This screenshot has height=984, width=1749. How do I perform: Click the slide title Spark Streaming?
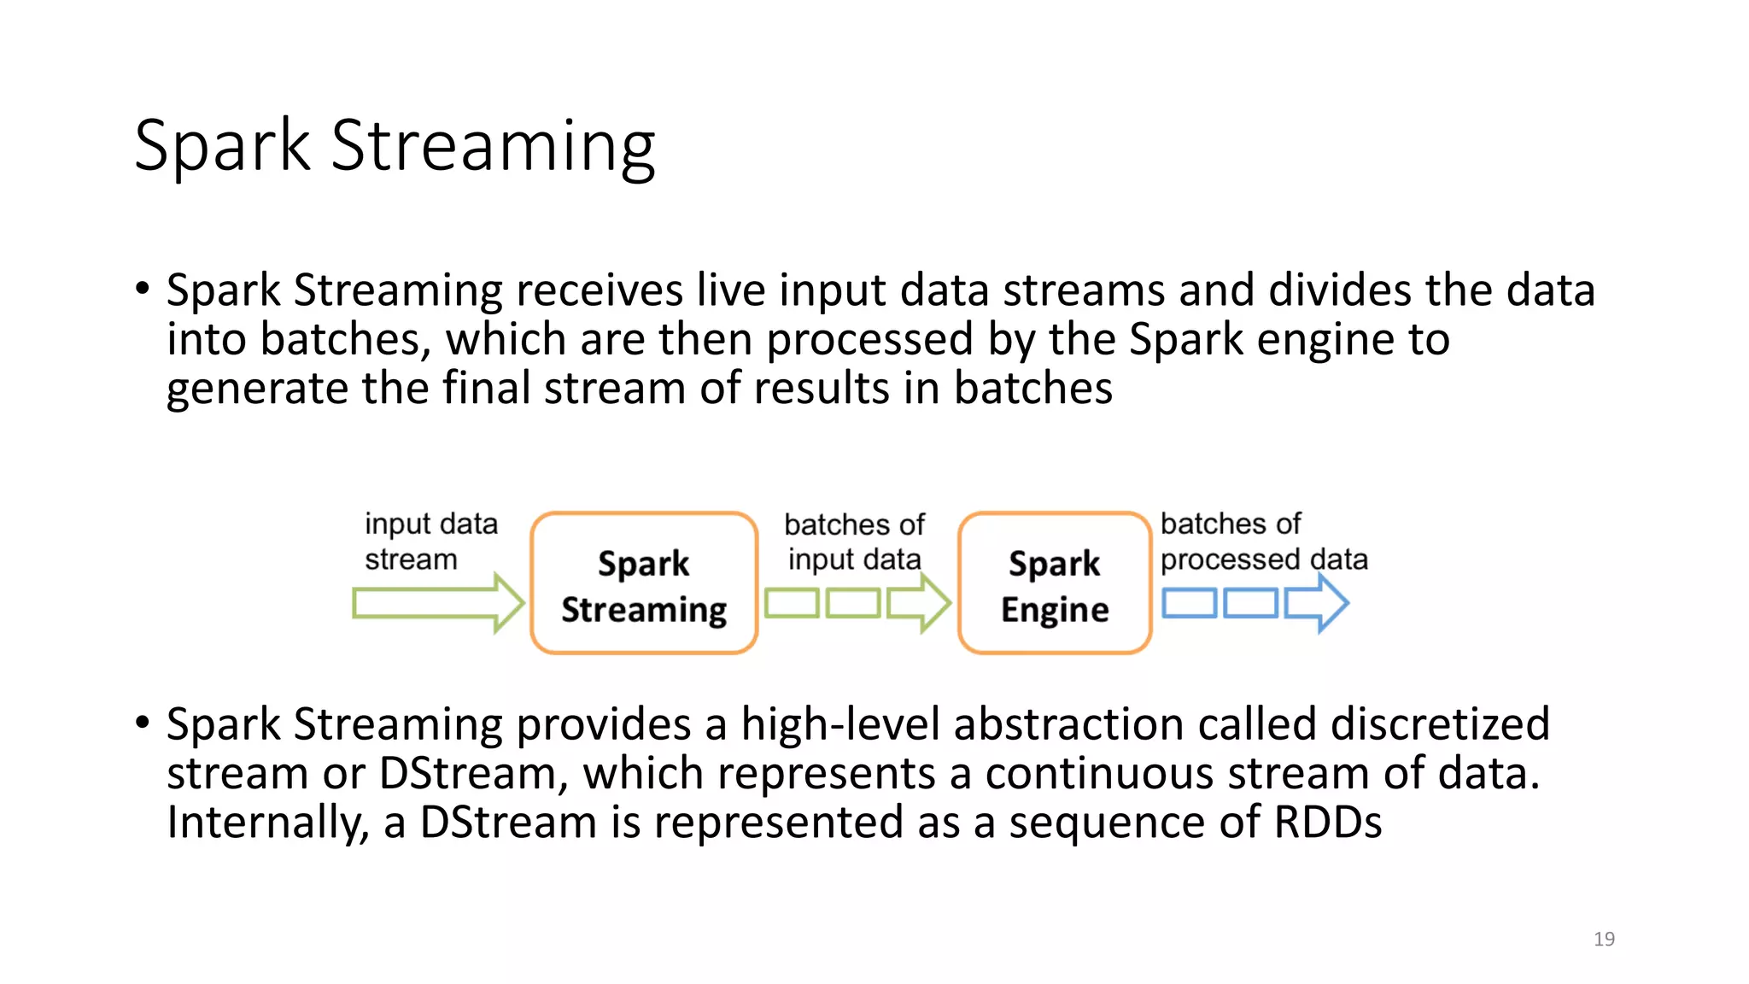point(395,147)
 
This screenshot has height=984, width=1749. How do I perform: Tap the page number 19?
point(1604,939)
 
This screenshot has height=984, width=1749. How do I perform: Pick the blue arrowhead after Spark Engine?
point(1319,603)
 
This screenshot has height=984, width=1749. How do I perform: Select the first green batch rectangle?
point(792,603)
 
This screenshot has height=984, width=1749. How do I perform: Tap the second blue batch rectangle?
point(1251,603)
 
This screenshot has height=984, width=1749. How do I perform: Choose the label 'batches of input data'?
point(854,542)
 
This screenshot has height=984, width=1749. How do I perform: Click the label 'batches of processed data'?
point(1262,542)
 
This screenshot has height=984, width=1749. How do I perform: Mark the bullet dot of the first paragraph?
point(143,288)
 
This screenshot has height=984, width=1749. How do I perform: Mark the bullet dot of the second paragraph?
point(143,722)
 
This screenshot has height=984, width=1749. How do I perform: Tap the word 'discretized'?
point(1440,724)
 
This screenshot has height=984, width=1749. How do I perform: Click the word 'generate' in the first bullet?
point(257,389)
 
